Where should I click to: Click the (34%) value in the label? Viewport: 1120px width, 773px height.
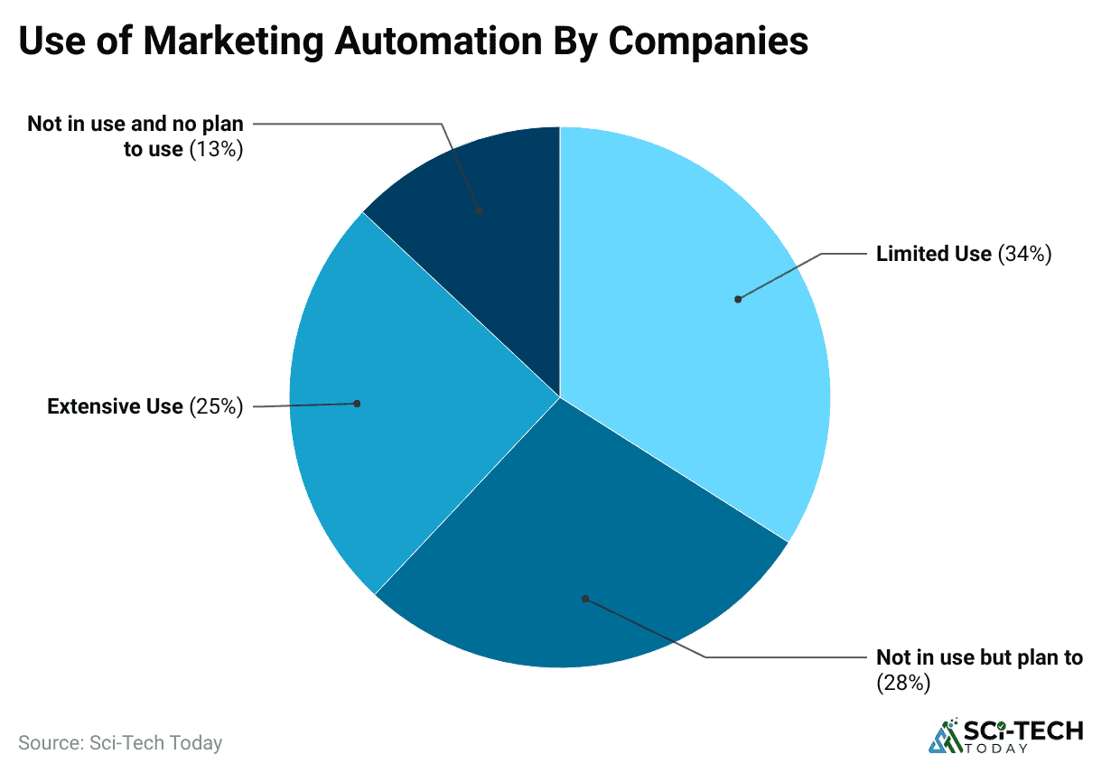(x=1024, y=255)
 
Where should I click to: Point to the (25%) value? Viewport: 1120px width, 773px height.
(x=216, y=407)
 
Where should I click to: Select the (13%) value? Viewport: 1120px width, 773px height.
(x=216, y=150)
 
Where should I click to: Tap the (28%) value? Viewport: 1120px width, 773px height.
(x=903, y=684)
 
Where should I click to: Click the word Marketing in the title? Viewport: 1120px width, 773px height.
(x=236, y=42)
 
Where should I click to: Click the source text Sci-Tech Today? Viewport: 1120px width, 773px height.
(x=156, y=743)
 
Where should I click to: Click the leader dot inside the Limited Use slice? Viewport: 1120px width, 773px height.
(x=738, y=299)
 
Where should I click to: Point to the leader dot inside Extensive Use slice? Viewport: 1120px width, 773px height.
(x=357, y=404)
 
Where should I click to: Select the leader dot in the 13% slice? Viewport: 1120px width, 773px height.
(x=480, y=210)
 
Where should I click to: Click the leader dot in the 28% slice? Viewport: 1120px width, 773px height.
(x=585, y=598)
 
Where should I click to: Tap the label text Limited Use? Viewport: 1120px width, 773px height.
(x=934, y=255)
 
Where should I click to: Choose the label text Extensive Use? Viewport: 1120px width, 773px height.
(x=115, y=407)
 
